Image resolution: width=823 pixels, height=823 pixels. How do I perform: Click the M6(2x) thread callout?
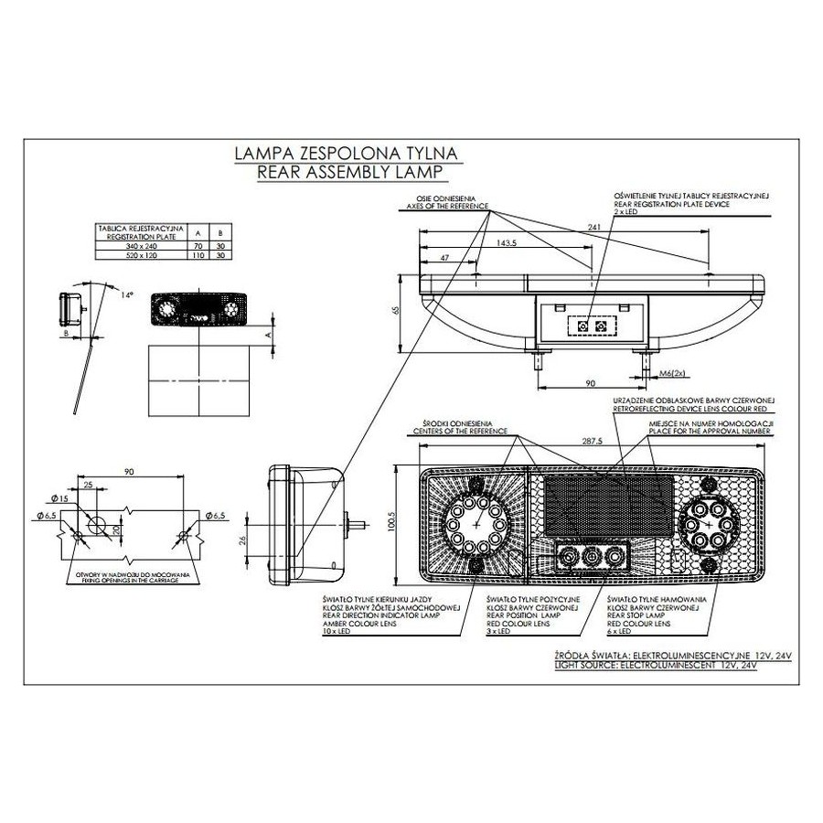pos(672,373)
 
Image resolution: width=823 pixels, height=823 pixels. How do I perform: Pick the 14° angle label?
pos(127,294)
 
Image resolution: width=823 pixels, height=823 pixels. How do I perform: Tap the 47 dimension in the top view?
pos(444,260)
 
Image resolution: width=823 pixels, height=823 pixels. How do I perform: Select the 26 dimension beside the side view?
pos(242,540)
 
